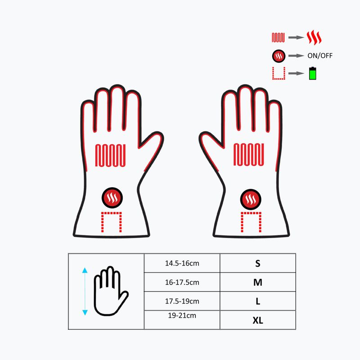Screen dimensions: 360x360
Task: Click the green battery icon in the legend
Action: click(x=312, y=73)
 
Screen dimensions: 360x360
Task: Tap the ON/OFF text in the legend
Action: click(x=320, y=56)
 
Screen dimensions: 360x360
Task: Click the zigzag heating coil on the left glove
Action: click(x=111, y=155)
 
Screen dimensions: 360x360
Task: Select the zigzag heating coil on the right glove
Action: click(x=249, y=155)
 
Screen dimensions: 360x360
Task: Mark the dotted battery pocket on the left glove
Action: click(x=111, y=221)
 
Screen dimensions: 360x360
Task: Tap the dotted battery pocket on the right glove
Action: click(x=251, y=221)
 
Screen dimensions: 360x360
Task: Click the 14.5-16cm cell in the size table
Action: click(x=182, y=263)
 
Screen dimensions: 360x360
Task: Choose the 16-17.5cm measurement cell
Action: click(x=182, y=283)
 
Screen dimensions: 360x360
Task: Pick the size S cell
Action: click(x=258, y=264)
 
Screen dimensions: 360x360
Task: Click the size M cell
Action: click(x=258, y=283)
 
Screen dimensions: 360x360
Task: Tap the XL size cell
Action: click(x=258, y=320)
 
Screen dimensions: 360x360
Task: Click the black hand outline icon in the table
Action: click(x=110, y=291)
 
